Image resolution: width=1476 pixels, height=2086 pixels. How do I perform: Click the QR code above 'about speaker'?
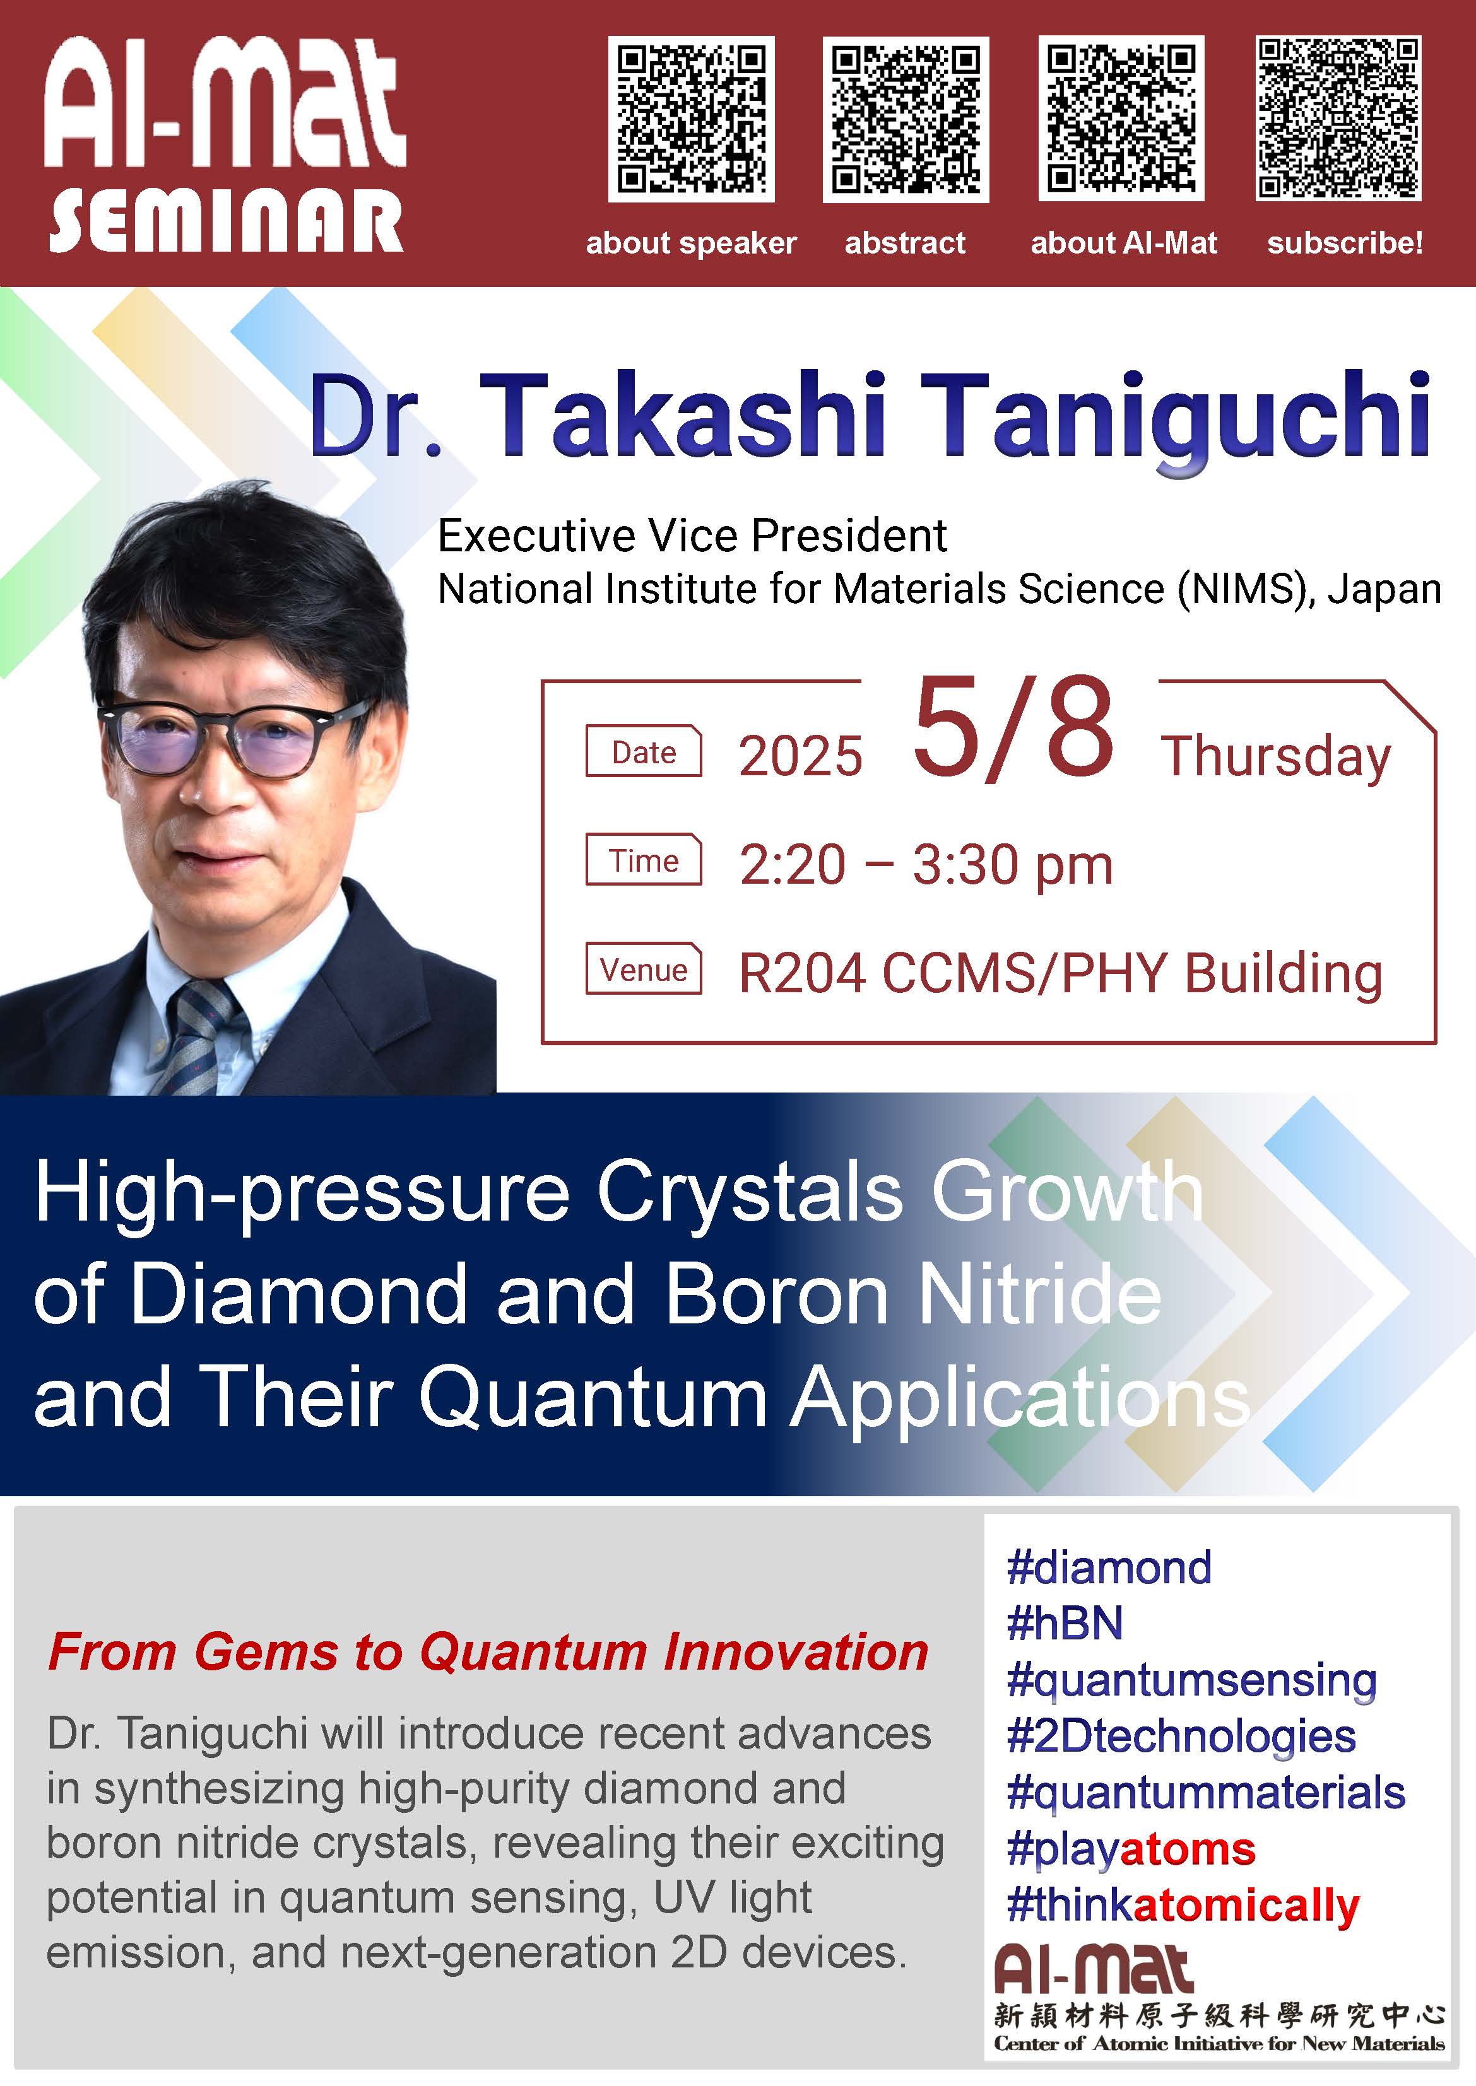coord(691,119)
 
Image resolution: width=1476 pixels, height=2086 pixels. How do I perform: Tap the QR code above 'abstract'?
coord(906,119)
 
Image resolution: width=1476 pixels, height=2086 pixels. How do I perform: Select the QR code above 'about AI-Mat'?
coord(1121,119)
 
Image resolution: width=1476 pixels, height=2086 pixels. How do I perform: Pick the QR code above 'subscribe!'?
coord(1338,119)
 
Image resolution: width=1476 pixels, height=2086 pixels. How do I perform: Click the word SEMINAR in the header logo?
coord(225,221)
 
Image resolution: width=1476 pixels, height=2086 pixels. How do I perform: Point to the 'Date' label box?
coord(644,751)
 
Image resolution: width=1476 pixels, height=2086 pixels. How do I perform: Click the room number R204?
coord(801,973)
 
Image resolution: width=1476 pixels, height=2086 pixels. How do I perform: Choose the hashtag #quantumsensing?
coord(1191,1682)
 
